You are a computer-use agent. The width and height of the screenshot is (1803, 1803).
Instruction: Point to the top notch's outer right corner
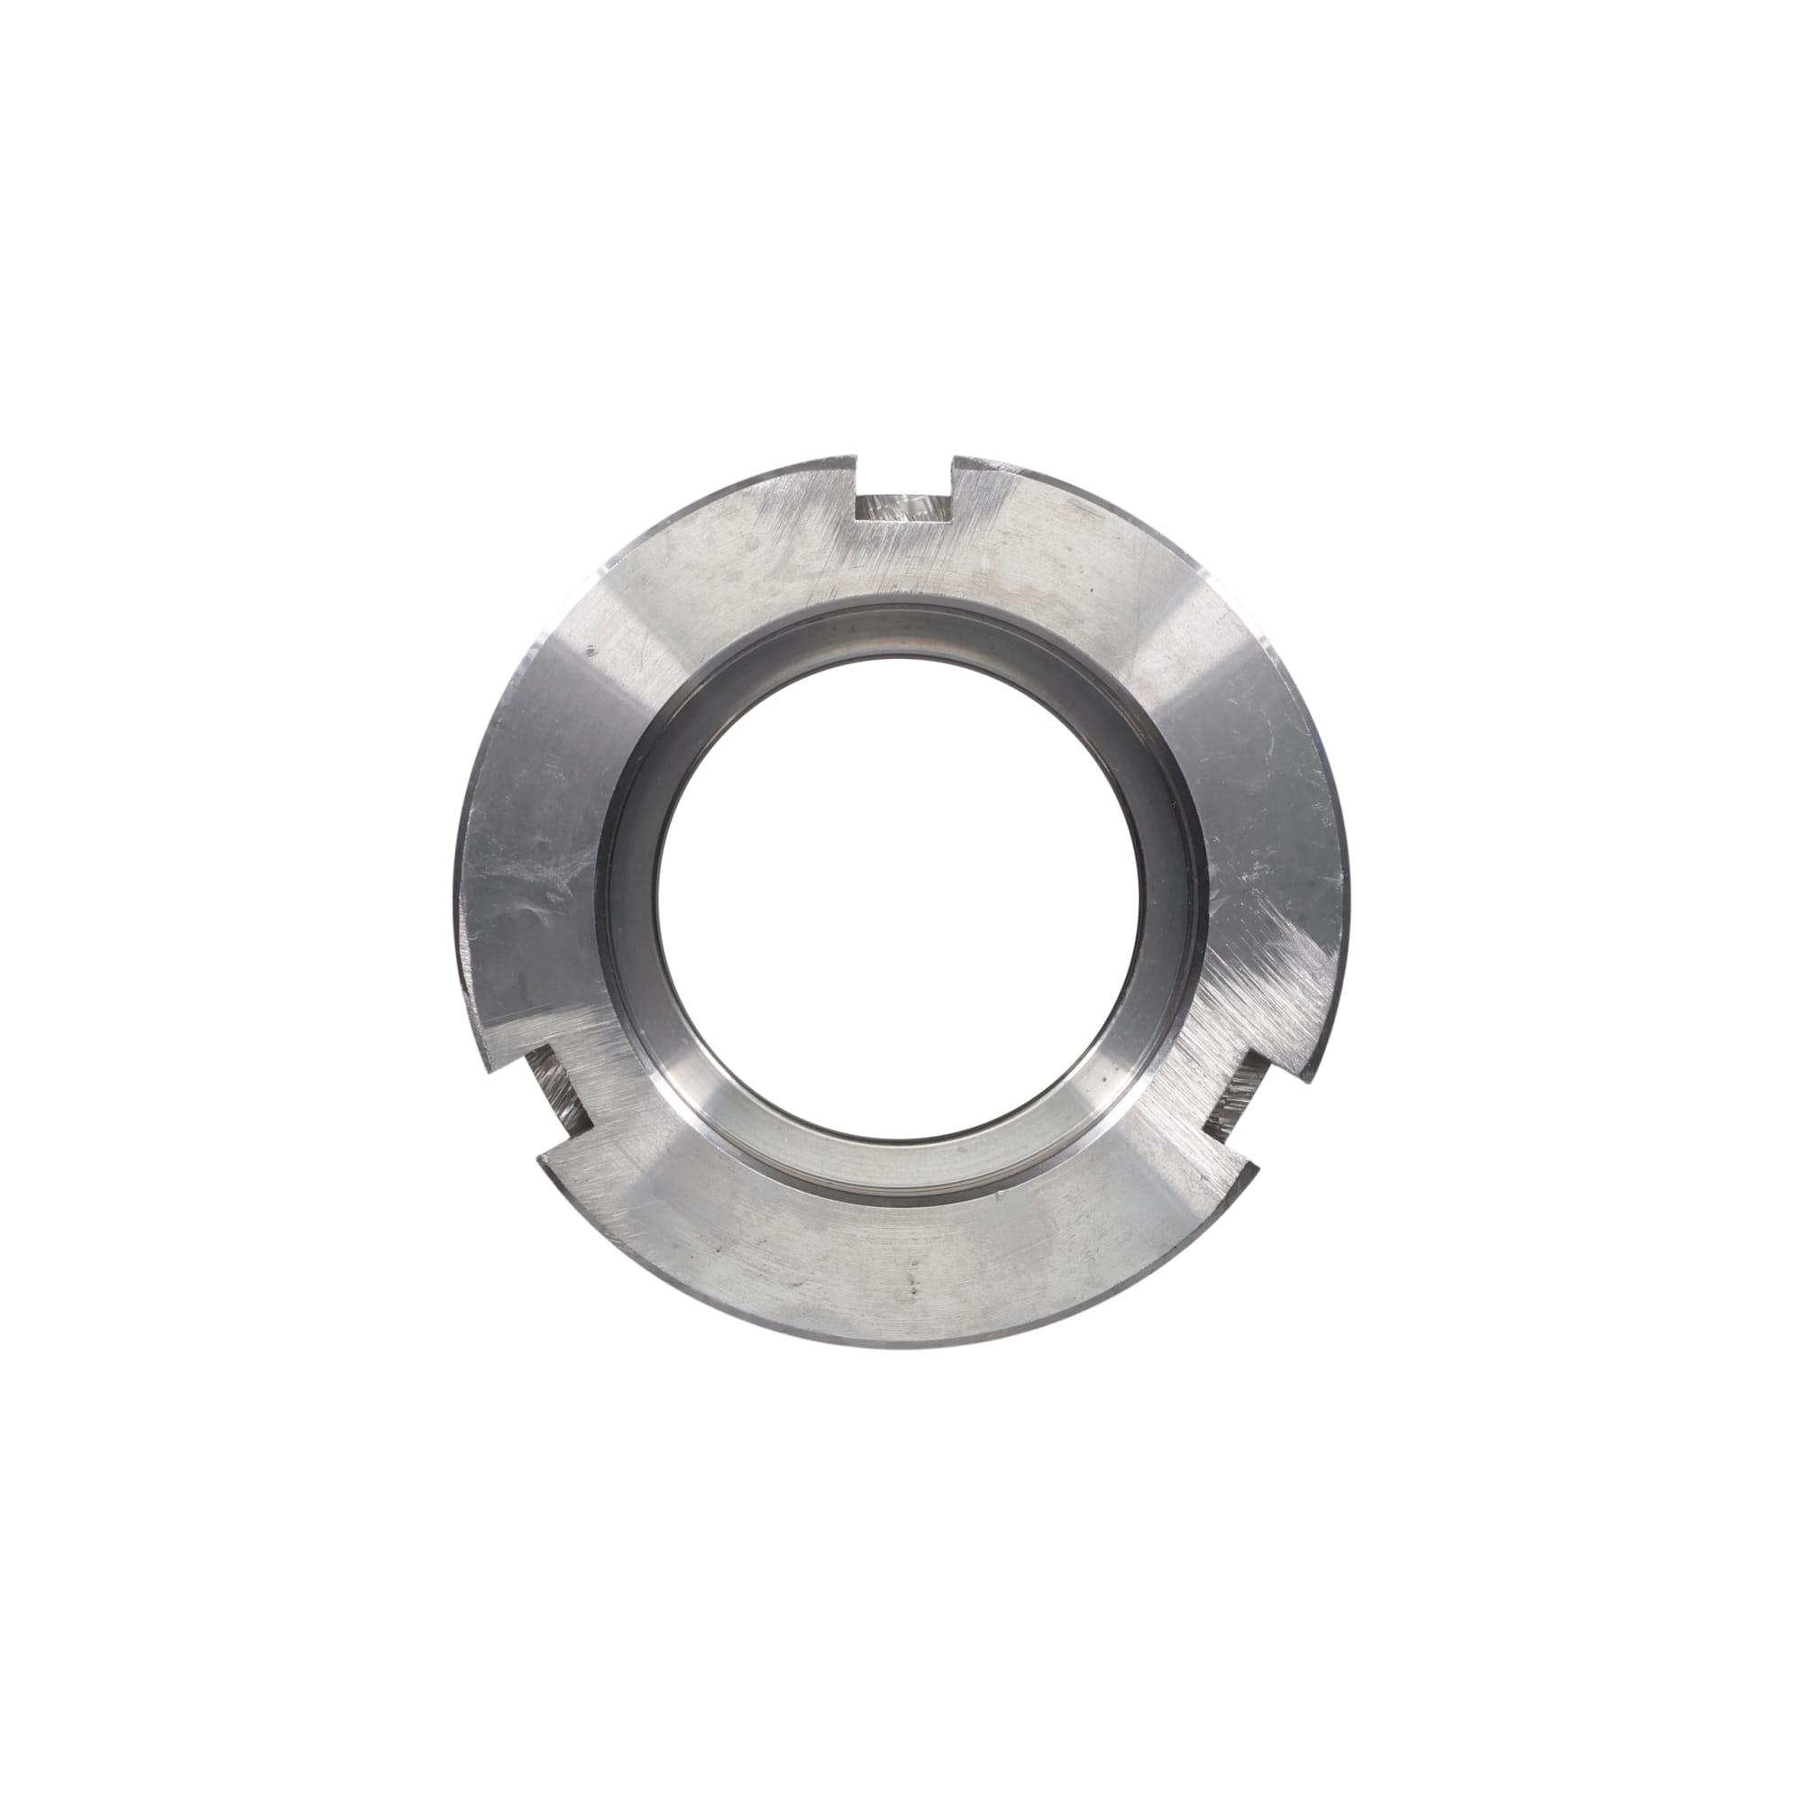953,456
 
